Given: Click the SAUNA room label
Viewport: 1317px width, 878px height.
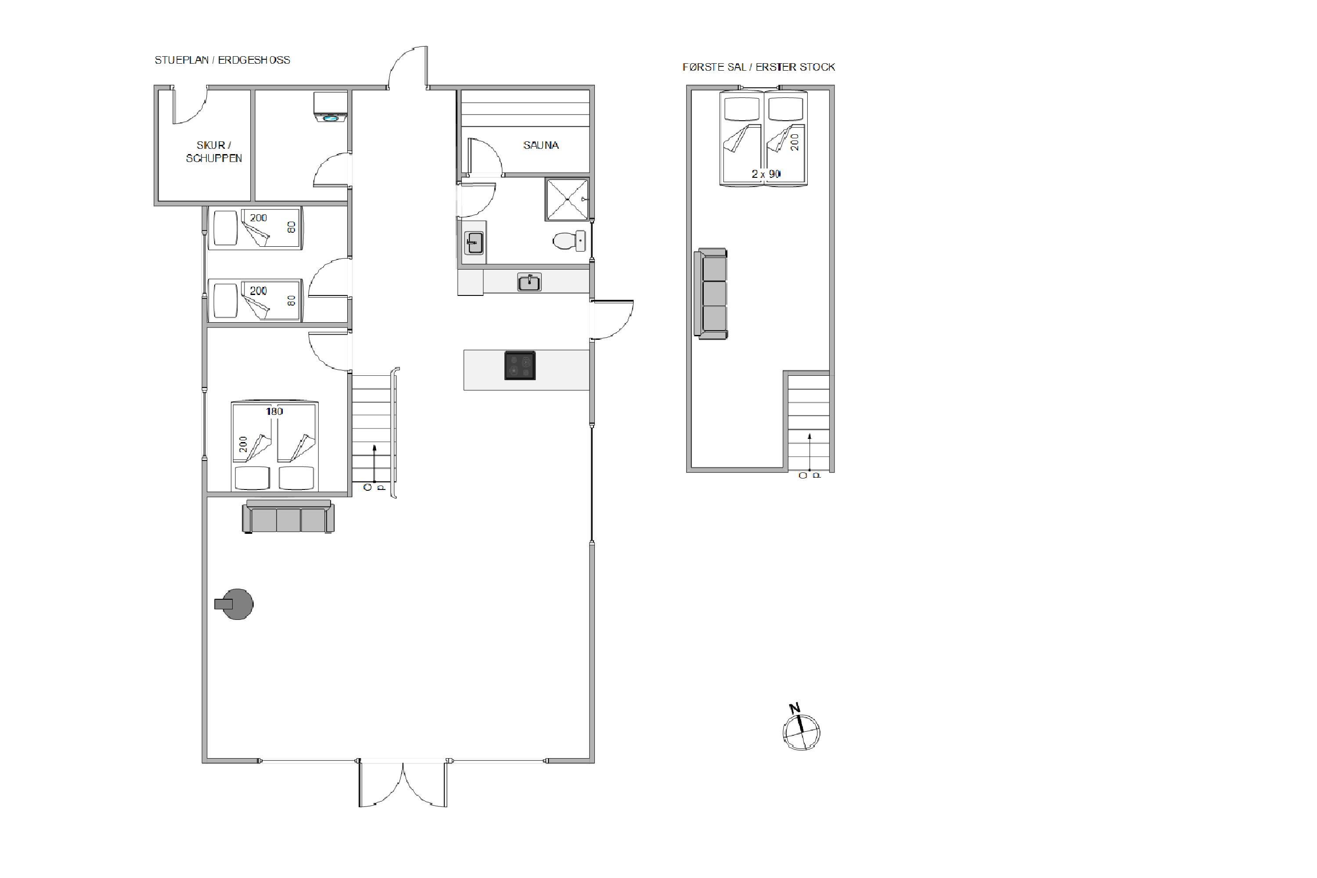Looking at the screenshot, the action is (540, 145).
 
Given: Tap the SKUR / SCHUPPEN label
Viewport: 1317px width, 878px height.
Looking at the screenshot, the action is (214, 152).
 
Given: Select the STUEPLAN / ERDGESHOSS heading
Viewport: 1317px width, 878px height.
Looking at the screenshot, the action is (222, 60).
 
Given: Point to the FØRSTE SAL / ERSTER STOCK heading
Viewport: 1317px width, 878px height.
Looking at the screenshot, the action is (759, 67).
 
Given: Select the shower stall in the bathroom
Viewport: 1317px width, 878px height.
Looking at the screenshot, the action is (567, 199).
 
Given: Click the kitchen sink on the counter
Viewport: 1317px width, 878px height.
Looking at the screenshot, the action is (529, 282).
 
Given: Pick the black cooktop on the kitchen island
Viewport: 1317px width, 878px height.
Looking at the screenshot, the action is (520, 366).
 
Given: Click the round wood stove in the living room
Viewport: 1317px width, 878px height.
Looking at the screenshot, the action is (235, 604).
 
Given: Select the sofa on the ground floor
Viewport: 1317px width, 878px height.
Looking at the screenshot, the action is (288, 516).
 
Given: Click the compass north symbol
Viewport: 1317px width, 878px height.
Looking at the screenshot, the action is (801, 727).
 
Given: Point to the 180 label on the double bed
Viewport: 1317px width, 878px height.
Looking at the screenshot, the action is (274, 412).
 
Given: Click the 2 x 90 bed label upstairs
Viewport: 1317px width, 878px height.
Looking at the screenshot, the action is (766, 174).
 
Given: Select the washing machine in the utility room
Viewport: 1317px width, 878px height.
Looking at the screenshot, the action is (331, 107).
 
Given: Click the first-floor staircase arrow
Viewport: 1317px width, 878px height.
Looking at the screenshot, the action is (809, 451).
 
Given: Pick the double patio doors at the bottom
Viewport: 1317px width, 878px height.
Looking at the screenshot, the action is (403, 784).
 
